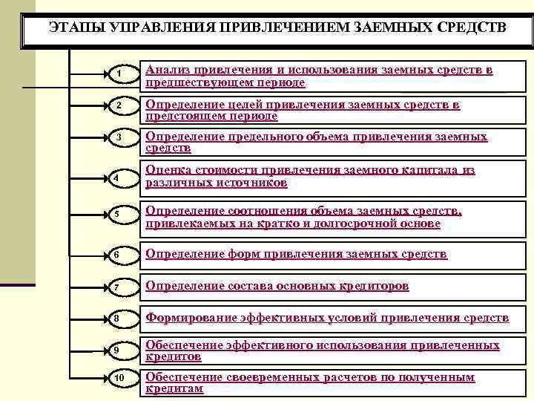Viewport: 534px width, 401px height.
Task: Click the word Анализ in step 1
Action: coord(167,70)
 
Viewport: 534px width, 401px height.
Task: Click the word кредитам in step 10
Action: coord(174,388)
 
